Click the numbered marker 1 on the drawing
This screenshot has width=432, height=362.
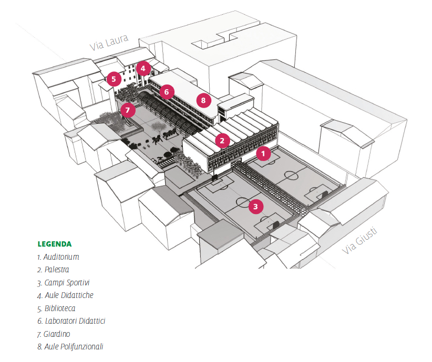263,154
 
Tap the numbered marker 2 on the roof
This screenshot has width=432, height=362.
222,140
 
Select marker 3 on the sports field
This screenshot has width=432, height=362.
255,206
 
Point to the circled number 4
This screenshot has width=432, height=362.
143,68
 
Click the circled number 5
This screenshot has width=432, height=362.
113,79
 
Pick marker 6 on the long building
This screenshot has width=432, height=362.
166,92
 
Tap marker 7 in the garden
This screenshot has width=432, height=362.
127,110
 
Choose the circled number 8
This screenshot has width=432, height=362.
203,100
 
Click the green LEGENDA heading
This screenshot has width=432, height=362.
55,244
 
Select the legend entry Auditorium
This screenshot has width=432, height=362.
58,257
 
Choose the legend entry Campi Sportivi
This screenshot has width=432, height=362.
64,283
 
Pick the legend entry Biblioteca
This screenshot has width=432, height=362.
56,308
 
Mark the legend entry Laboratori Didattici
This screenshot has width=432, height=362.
71,321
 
